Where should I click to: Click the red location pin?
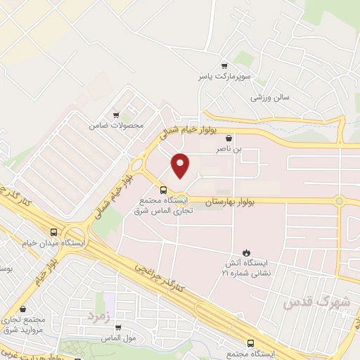(x=181, y=165)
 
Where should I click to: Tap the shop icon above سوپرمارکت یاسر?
(x=224, y=64)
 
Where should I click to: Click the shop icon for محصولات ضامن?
(x=116, y=115)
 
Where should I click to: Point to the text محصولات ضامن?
(x=116, y=126)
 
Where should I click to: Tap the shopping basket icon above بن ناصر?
(x=229, y=139)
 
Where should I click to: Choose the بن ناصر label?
(x=229, y=150)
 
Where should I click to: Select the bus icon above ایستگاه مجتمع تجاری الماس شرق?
(x=163, y=189)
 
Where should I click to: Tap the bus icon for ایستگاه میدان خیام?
(x=54, y=232)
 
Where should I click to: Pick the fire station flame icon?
(x=246, y=252)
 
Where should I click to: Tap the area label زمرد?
(x=100, y=316)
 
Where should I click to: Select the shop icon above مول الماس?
(x=117, y=328)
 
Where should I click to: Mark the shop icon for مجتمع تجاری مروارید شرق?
(x=23, y=309)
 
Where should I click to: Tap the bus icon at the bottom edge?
(x=251, y=343)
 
